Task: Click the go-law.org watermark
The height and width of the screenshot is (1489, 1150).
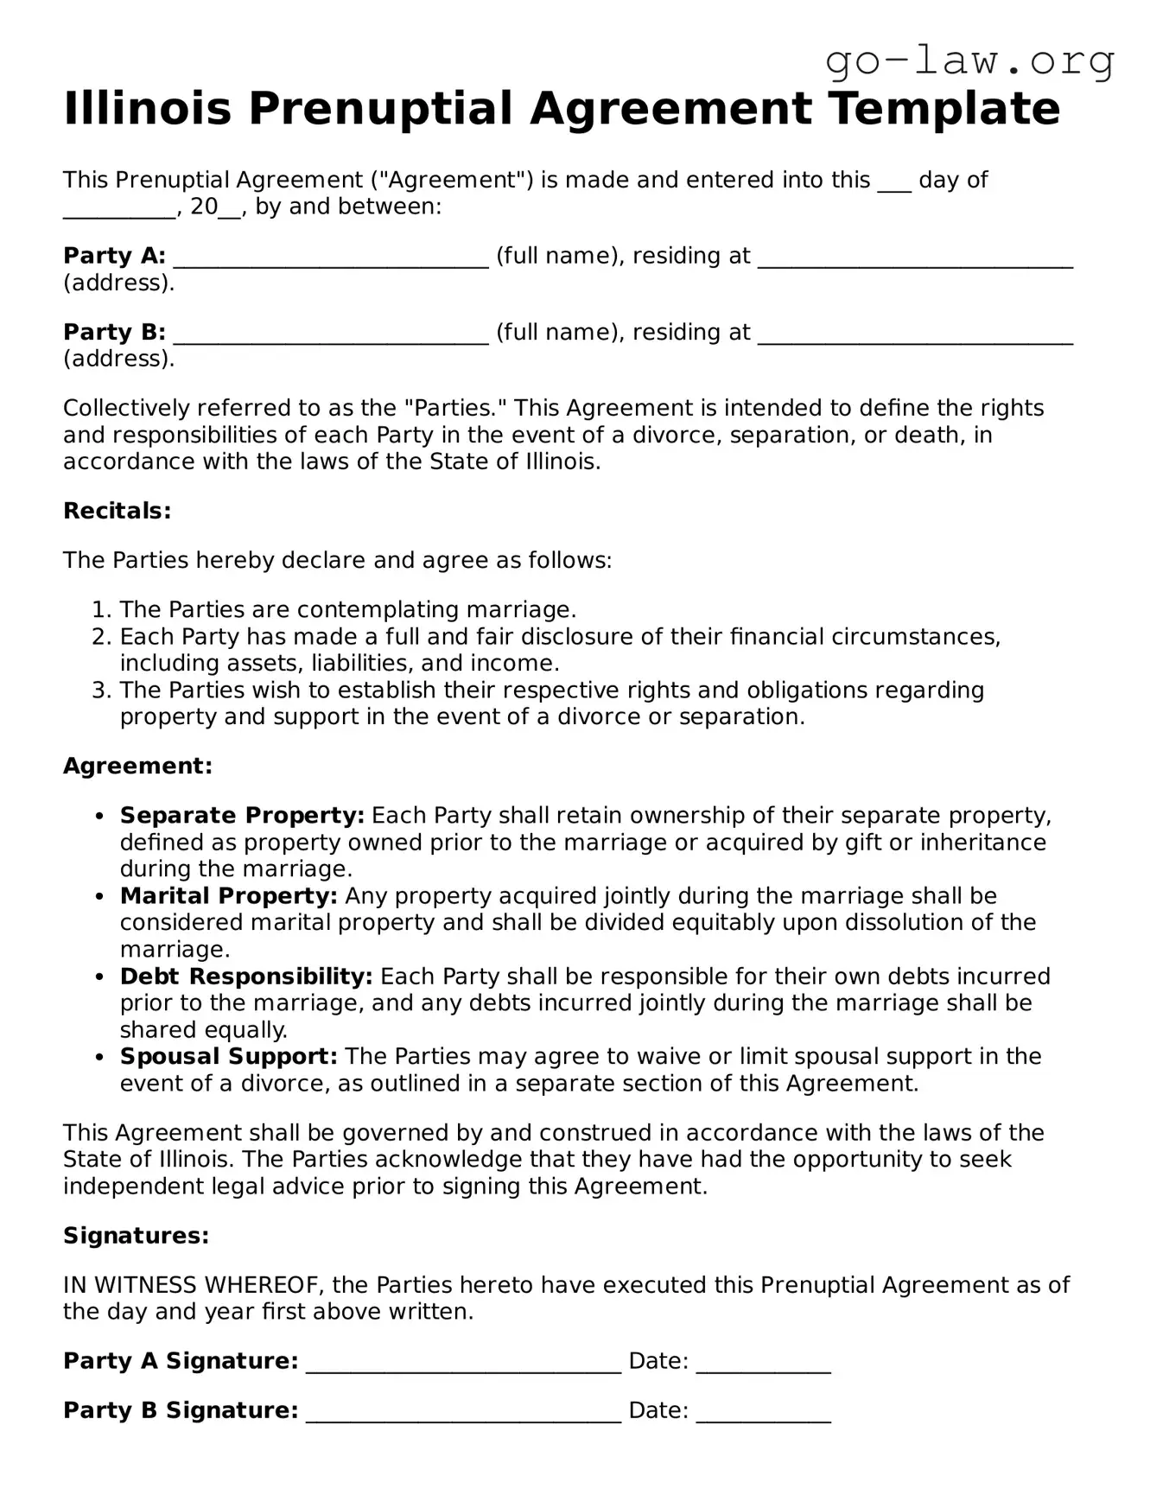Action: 969,62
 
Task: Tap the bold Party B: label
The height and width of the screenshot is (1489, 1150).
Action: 114,333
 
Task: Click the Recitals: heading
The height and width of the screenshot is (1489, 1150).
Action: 118,511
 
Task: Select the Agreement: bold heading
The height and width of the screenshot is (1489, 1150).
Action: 137,767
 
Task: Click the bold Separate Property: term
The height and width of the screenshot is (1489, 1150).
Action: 242,816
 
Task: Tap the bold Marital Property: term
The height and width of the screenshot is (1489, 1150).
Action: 228,896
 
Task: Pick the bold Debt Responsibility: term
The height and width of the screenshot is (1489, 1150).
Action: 246,977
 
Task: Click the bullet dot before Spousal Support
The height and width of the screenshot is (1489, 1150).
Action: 101,1058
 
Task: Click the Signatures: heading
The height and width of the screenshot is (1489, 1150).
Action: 136,1236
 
